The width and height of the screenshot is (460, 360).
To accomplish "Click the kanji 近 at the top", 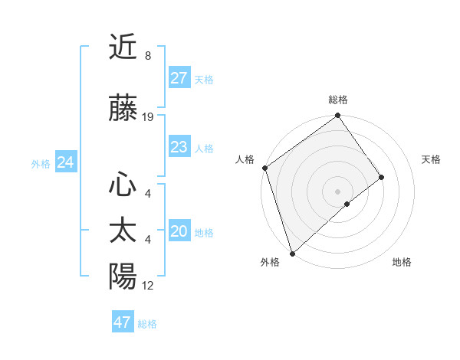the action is coord(123,47).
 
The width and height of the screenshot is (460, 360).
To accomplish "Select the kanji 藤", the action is coord(123,109).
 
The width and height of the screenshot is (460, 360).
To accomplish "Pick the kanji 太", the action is coord(123,231).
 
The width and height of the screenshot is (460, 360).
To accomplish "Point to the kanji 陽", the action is coord(123,277).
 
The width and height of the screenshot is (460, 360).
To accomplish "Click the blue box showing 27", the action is coord(179,78).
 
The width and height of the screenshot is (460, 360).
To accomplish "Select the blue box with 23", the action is coord(179,147).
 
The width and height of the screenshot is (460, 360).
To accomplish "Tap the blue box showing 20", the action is coord(179,231).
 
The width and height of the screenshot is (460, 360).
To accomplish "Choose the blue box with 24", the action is coord(65,162).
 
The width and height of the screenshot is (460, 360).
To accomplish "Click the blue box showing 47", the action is coord(123,322).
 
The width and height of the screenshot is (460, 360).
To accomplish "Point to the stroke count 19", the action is coord(148,117).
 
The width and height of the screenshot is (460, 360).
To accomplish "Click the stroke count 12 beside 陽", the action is coord(148,286).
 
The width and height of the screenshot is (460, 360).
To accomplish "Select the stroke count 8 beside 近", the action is coord(147,56).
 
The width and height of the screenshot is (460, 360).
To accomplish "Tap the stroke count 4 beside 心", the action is coord(147,194).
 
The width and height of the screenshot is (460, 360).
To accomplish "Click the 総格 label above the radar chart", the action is coord(338,100).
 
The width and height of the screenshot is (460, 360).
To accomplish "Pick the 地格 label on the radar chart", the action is coord(402,262).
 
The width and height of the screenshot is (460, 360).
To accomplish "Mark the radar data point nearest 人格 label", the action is coord(264,168).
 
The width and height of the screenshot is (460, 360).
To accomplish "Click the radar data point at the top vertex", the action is coord(337,116).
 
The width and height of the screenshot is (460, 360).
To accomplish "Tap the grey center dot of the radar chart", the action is coord(337,191).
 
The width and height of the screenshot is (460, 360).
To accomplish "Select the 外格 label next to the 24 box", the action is coord(41,163).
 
